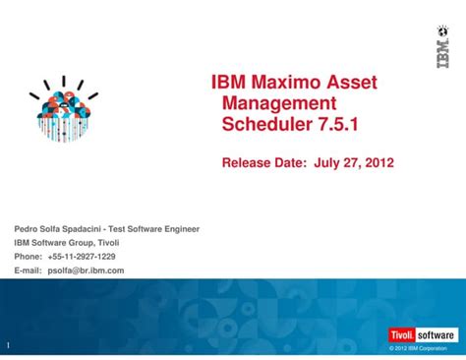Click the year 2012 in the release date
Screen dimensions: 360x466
375,162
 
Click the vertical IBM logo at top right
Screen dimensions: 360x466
442,46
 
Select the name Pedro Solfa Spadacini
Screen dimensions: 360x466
57,229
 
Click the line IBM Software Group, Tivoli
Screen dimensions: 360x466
66,243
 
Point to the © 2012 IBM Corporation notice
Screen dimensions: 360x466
418,349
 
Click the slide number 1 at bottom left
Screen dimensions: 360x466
7,346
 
